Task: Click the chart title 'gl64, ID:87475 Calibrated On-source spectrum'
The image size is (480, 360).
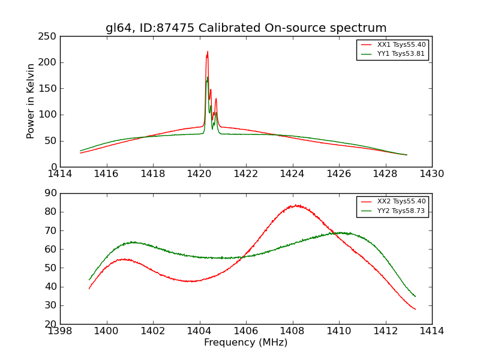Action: click(x=246, y=28)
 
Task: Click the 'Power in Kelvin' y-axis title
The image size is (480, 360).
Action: click(x=31, y=101)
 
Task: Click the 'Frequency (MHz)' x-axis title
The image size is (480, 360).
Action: click(x=246, y=343)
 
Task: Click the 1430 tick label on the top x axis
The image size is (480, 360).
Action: click(x=432, y=174)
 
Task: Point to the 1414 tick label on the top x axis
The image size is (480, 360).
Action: click(x=60, y=174)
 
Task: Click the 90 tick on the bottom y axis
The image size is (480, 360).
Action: click(x=52, y=193)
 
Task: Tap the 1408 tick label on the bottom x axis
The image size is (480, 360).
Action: click(x=292, y=331)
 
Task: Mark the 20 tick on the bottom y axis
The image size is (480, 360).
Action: click(x=52, y=324)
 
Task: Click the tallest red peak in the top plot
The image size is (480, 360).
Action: click(x=208, y=52)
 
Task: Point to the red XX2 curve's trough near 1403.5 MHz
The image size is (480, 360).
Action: click(x=190, y=281)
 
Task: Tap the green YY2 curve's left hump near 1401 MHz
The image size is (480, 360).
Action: click(x=133, y=242)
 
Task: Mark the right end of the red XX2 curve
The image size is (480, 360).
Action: click(x=415, y=309)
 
